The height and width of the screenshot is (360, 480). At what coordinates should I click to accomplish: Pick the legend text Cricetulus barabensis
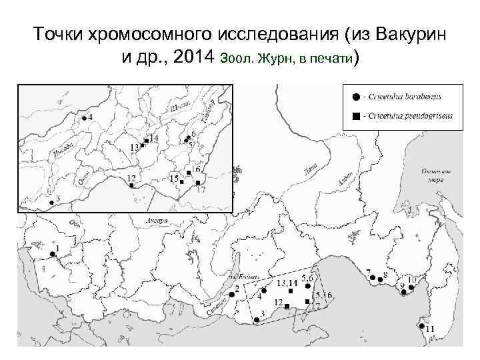click(x=406, y=97)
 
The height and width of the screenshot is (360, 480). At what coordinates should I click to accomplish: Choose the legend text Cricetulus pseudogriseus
click(x=411, y=116)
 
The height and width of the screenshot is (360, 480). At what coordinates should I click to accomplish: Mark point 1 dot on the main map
click(x=52, y=254)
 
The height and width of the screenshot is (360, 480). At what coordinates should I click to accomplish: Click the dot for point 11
click(x=421, y=326)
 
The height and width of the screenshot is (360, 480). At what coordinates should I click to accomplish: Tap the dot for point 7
click(x=375, y=277)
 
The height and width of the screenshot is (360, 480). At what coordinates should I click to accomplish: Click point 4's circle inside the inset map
click(x=84, y=119)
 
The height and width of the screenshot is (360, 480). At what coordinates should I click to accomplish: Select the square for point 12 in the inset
click(x=131, y=185)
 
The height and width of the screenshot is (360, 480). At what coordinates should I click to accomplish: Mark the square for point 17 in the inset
click(x=197, y=182)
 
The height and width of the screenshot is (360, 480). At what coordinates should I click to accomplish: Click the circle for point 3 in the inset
click(x=51, y=202)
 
